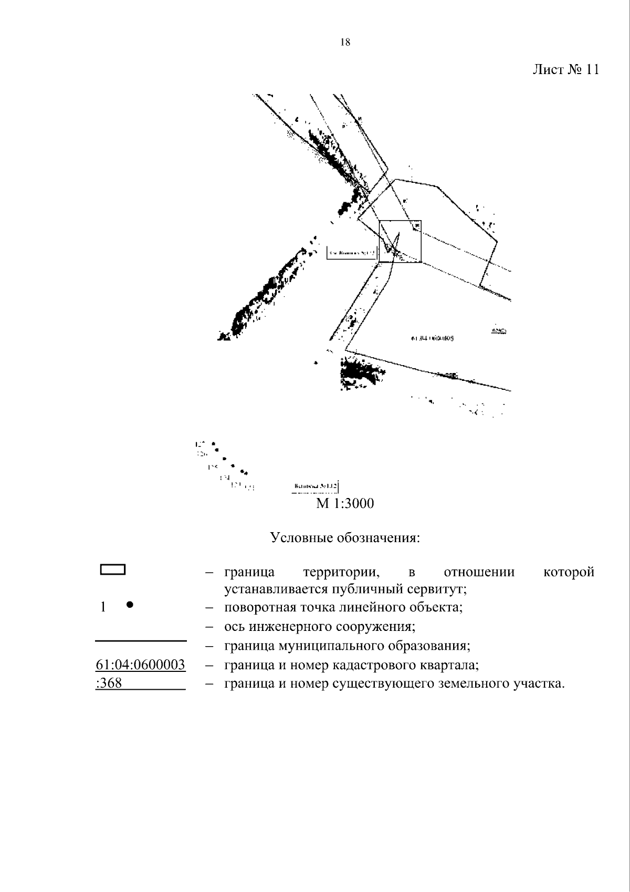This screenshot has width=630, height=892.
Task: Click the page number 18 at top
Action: pos(345,43)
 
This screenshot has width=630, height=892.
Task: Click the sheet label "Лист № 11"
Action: pos(565,70)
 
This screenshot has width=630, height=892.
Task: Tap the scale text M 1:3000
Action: pos(345,504)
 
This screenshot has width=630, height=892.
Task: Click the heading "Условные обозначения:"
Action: pos(345,538)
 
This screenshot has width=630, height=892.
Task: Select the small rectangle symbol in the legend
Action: pos(113,570)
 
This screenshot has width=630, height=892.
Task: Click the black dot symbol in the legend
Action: pos(130,605)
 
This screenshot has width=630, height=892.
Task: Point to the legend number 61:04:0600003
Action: pos(140,665)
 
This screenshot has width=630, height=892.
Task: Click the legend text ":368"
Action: pos(109,684)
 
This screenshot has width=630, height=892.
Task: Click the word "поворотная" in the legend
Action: pos(259,608)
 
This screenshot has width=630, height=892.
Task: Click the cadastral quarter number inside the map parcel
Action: pos(433,338)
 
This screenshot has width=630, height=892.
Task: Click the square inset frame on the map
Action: pos(400,241)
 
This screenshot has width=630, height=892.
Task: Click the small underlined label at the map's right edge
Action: pos(498,330)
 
